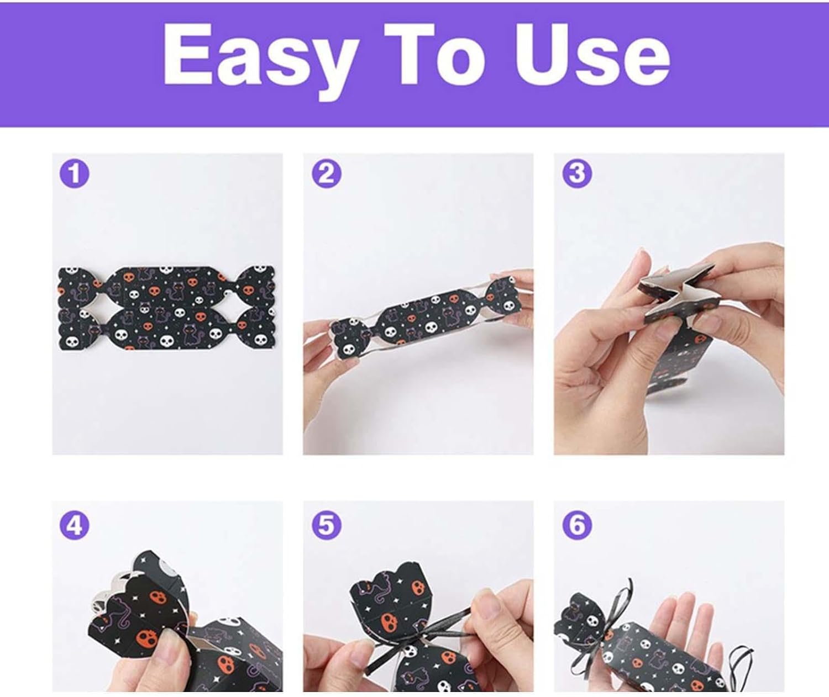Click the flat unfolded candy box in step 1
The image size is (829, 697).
[166, 308]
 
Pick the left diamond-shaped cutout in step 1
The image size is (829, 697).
[97, 308]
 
